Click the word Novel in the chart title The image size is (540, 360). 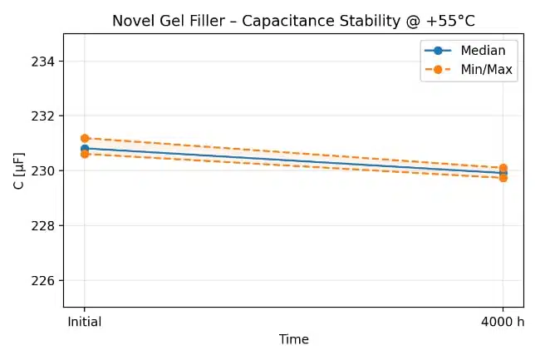131,21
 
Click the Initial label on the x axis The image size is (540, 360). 85,323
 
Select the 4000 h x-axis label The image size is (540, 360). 503,323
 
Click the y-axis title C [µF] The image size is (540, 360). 19,170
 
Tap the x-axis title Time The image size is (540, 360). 293,339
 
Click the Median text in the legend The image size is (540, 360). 483,51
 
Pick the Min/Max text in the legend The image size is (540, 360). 486,70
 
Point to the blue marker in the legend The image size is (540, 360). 438,51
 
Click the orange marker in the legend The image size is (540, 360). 438,70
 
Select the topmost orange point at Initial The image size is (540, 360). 85,138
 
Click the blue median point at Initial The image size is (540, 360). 85,149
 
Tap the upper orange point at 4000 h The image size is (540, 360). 503,168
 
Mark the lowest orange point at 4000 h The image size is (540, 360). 503,178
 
